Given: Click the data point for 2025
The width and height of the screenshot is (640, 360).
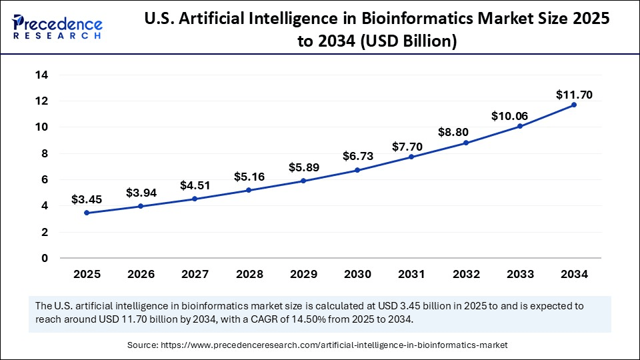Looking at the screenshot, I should (87, 213).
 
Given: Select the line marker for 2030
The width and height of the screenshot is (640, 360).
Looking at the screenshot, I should (357, 170).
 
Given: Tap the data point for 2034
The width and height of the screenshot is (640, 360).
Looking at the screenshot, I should (573, 105).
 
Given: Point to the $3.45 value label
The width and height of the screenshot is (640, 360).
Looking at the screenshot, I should (87, 199).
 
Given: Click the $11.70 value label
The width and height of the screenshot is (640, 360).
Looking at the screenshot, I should (574, 95).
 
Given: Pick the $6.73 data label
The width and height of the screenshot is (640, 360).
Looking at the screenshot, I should (358, 156).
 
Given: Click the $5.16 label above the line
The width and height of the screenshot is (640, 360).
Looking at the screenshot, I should (249, 177).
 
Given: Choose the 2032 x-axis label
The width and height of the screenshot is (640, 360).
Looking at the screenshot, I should (465, 274).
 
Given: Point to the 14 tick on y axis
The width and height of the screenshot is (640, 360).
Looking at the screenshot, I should (41, 75).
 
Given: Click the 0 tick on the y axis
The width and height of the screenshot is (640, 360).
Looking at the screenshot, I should (45, 258).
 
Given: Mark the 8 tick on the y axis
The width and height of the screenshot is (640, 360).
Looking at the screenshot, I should (45, 153).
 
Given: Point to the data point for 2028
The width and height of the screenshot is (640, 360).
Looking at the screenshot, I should (249, 190).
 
